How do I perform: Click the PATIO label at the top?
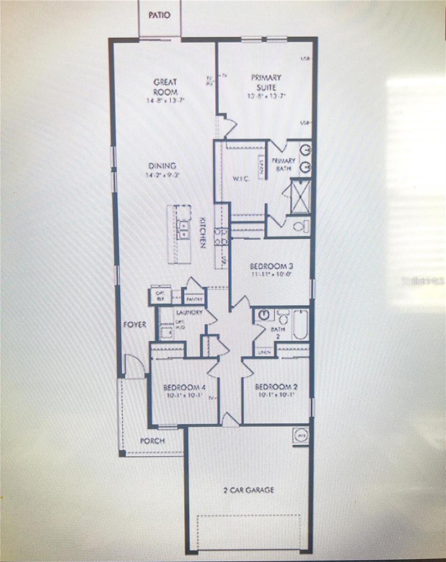160,15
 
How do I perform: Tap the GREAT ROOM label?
165,87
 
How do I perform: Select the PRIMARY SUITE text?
266,82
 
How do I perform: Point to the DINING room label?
162,166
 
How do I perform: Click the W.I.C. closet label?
240,179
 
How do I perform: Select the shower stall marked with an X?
300,196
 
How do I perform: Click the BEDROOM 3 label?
272,267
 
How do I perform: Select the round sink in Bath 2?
264,315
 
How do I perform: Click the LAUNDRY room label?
189,312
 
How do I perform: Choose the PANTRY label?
195,299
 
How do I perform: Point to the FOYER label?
135,325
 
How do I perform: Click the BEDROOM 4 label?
186,387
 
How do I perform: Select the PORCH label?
152,441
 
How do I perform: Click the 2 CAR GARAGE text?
248,490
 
